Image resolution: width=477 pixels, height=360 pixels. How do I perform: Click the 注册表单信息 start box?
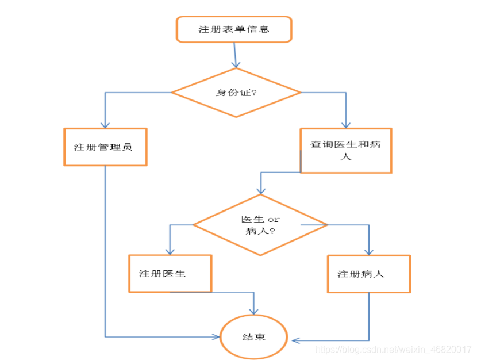[x=234, y=29]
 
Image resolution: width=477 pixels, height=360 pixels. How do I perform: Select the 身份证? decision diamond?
[x=236, y=93]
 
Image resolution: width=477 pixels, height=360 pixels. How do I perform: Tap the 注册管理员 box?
[x=105, y=147]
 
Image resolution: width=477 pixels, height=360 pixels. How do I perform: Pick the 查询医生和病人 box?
[x=346, y=150]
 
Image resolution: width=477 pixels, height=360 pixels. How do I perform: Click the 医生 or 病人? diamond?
[x=260, y=225]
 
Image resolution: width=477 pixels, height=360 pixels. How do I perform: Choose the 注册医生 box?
[x=170, y=274]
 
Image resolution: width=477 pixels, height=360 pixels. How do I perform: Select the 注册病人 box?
[x=368, y=274]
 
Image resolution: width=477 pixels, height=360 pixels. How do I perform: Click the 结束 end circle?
[x=253, y=337]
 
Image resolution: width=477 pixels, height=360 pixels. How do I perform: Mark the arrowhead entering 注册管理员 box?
[x=105, y=125]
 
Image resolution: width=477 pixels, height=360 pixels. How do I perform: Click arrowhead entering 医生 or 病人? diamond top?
[x=261, y=191]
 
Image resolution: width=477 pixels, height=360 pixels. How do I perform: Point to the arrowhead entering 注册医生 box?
[x=170, y=251]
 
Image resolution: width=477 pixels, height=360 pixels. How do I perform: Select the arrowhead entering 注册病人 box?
[x=368, y=252]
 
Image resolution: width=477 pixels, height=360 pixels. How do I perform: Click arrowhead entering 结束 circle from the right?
[x=295, y=340]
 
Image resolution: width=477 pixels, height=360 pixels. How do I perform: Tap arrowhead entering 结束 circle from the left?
[x=218, y=336]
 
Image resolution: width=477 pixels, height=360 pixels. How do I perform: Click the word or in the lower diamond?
[x=274, y=219]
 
